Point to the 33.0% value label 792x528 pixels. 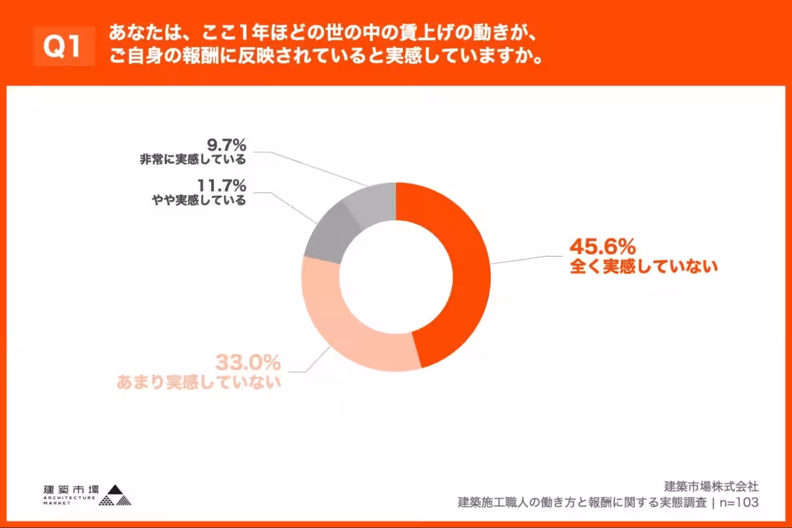tap(248, 362)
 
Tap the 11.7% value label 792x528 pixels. tap(221, 185)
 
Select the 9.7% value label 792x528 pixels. tap(226, 144)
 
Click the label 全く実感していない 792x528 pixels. tap(643, 267)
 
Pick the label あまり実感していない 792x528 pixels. tap(199, 382)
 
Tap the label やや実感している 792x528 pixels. tap(199, 201)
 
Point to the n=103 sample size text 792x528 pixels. tap(739, 502)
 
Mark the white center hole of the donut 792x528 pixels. tap(396, 277)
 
